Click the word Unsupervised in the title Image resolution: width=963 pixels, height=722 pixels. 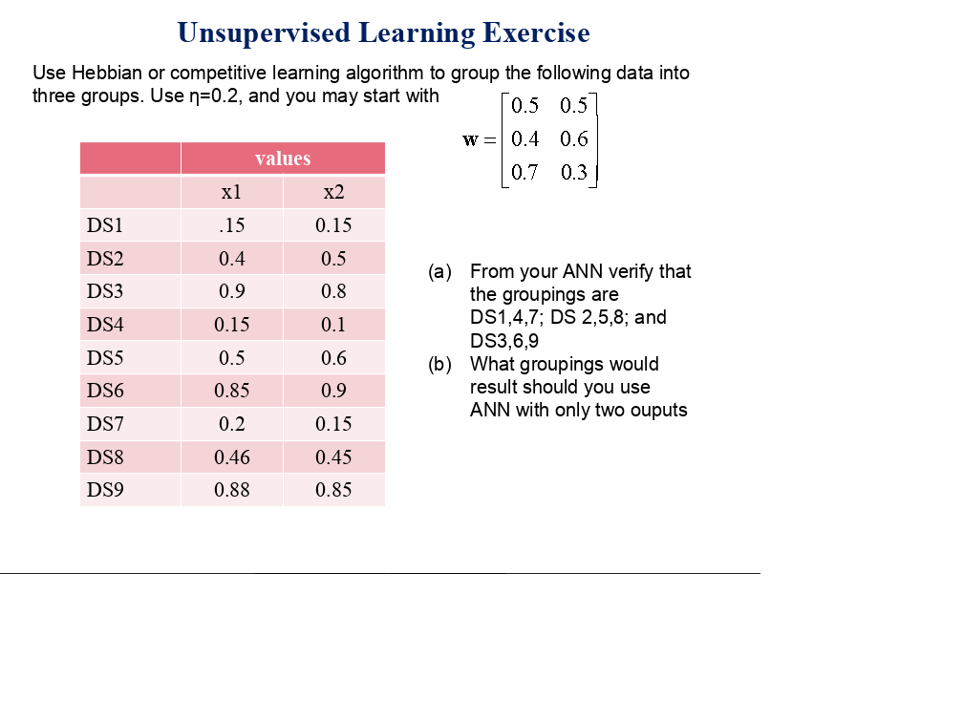point(264,33)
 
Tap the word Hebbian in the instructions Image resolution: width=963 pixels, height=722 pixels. point(107,73)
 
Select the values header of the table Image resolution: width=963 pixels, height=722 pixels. point(283,159)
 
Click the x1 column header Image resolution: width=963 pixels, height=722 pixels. point(231,192)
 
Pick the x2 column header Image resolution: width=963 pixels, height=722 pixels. point(333,192)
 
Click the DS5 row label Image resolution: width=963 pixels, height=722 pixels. point(105,358)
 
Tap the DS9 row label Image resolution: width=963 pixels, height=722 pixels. point(105,490)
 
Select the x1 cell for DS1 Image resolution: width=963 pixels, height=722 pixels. point(231,225)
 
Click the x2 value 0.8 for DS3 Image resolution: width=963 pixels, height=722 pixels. point(333,291)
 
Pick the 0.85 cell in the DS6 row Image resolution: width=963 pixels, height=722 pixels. point(231,391)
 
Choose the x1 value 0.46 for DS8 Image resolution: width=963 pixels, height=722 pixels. point(231,457)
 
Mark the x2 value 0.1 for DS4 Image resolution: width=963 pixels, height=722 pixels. point(333,324)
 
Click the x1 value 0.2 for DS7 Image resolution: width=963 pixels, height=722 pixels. point(231,424)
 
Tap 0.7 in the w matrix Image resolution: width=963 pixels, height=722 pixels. point(524,172)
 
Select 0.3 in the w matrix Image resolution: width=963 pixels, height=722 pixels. point(573,172)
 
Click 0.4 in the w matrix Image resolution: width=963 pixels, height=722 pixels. point(524,138)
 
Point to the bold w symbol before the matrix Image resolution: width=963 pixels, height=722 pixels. point(470,140)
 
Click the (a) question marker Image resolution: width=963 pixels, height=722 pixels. point(439,271)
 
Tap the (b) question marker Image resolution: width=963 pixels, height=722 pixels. point(439,364)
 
